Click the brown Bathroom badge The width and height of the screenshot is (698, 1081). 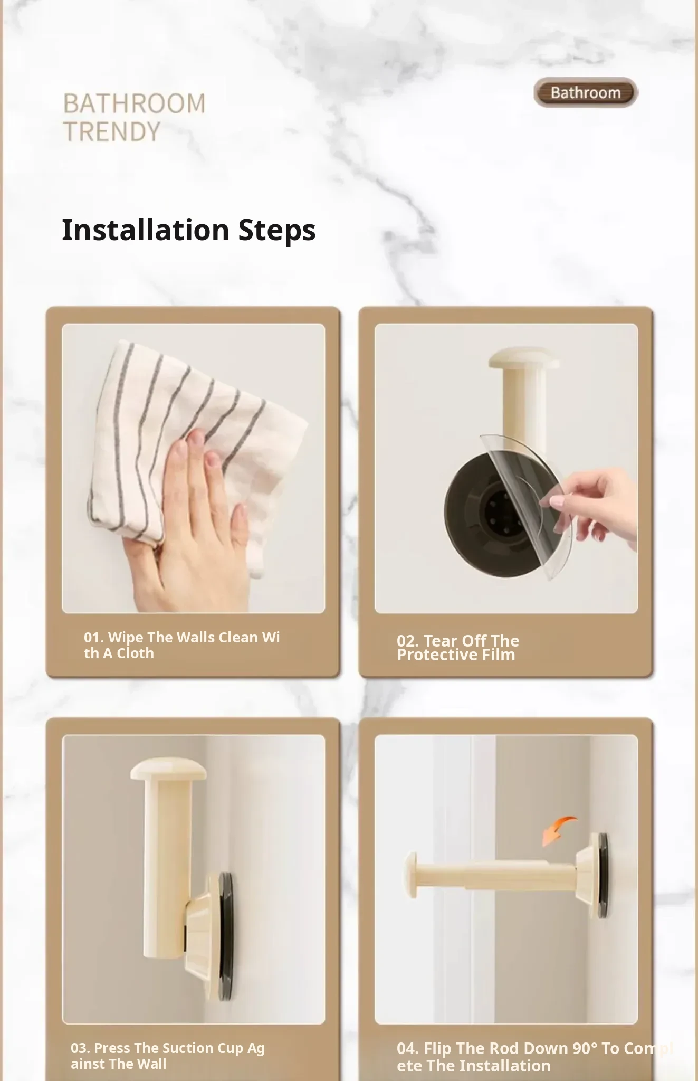(586, 93)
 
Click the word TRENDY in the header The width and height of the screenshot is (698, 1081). (112, 131)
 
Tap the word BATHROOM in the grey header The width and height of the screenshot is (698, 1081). (135, 103)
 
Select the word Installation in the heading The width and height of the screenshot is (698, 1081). (146, 230)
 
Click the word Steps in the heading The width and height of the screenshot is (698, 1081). (277, 231)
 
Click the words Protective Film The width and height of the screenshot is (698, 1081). (456, 655)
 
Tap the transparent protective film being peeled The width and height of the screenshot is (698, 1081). (528, 501)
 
